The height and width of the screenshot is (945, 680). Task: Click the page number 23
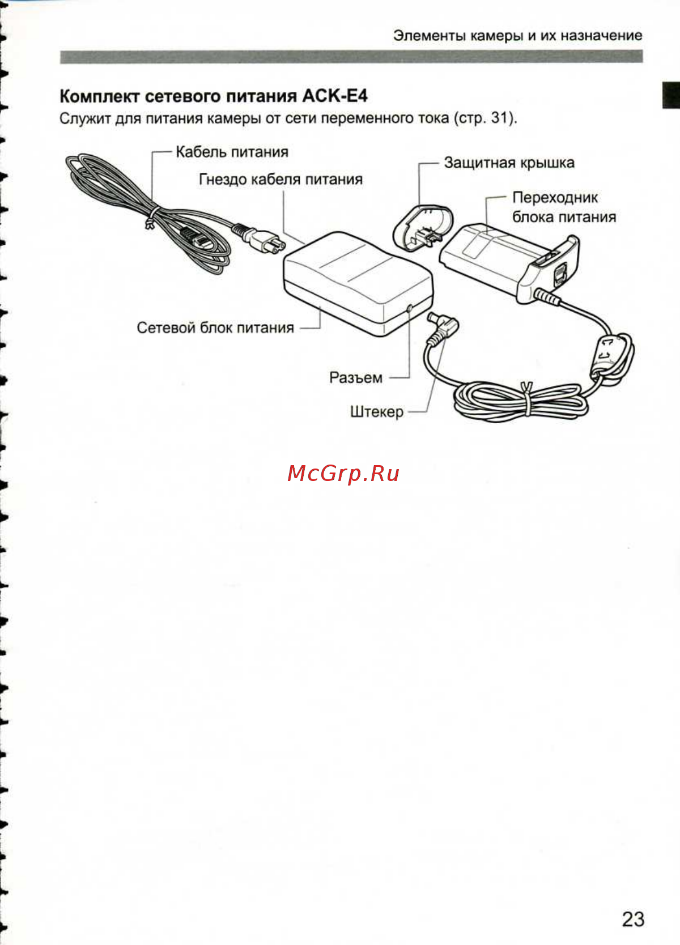633,919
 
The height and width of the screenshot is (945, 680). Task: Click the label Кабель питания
232,152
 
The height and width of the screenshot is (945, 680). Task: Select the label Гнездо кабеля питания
280,179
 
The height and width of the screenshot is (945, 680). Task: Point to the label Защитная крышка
509,163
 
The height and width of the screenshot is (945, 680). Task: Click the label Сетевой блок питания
215,328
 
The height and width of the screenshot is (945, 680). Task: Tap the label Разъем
356,377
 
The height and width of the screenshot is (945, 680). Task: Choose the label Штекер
377,412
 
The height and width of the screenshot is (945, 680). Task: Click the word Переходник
555,198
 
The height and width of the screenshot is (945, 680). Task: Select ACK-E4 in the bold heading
335,96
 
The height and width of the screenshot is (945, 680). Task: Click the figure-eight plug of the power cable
263,241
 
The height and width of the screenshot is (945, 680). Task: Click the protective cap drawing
423,228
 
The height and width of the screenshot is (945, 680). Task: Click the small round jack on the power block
410,308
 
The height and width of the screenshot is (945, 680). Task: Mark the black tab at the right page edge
671,95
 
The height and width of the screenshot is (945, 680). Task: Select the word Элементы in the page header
430,36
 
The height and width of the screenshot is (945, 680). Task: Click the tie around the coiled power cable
151,217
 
